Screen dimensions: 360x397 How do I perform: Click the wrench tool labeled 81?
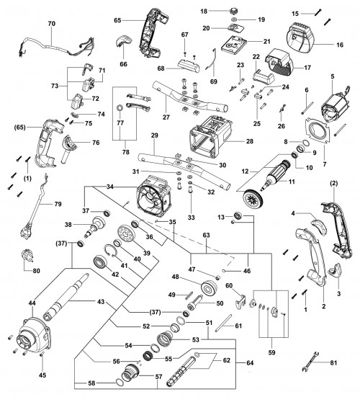coord(310,362)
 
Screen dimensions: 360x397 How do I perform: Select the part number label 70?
coord(51,24)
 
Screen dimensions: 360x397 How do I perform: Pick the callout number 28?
coord(250,141)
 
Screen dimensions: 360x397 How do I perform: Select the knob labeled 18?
coord(234,11)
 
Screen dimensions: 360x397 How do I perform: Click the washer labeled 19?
coord(234,19)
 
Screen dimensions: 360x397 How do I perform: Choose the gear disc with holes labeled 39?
coord(126,233)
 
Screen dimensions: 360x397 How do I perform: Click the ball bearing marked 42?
coord(101,262)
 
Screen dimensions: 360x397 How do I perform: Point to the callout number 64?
coord(250,363)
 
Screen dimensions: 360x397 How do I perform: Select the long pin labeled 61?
coord(224,323)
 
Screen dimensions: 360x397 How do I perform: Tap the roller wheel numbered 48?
coord(209,288)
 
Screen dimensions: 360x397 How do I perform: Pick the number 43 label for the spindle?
coord(101,302)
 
